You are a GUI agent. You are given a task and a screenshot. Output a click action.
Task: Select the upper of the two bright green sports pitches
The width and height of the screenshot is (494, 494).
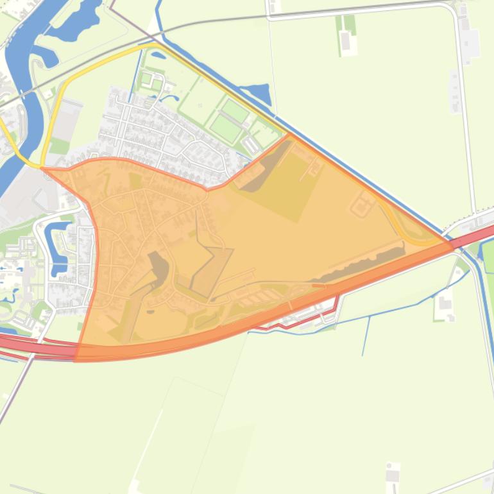point(235,111)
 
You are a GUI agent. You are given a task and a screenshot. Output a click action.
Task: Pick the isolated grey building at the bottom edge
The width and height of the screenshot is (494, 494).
point(393,475)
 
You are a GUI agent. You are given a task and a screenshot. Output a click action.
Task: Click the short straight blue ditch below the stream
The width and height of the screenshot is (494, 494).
point(366,334)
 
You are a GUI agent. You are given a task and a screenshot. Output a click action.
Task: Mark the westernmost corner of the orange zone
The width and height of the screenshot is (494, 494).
point(44,169)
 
